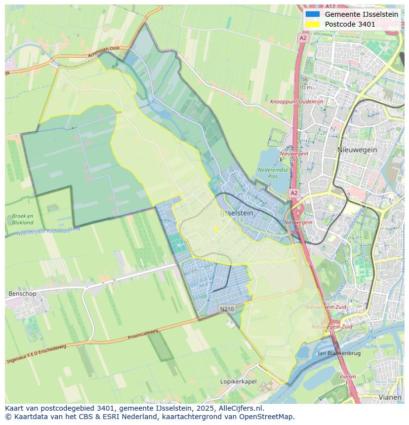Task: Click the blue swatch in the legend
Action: (313, 14)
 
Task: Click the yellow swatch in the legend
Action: (313, 24)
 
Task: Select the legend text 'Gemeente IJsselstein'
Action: (362, 14)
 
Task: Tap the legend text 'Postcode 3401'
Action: (350, 24)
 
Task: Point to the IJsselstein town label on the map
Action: (236, 213)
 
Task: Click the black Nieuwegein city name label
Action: (357, 150)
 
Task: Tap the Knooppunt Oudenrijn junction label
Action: (296, 102)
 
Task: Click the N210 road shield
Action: (227, 309)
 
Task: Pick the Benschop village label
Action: (22, 294)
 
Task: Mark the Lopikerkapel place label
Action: (238, 382)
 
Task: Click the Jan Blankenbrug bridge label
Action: (339, 353)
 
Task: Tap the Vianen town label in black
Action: (390, 397)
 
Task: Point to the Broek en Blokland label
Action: (23, 219)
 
